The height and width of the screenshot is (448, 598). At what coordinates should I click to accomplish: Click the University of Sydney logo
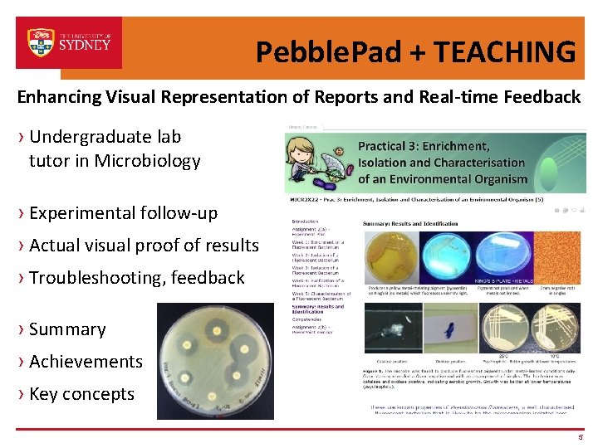69,41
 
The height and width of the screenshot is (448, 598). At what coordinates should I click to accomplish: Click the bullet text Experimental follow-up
123,213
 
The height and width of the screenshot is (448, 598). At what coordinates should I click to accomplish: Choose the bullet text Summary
67,329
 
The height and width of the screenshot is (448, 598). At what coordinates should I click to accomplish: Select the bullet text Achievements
86,362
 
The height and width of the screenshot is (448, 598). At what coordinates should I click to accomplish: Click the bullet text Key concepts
81,394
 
